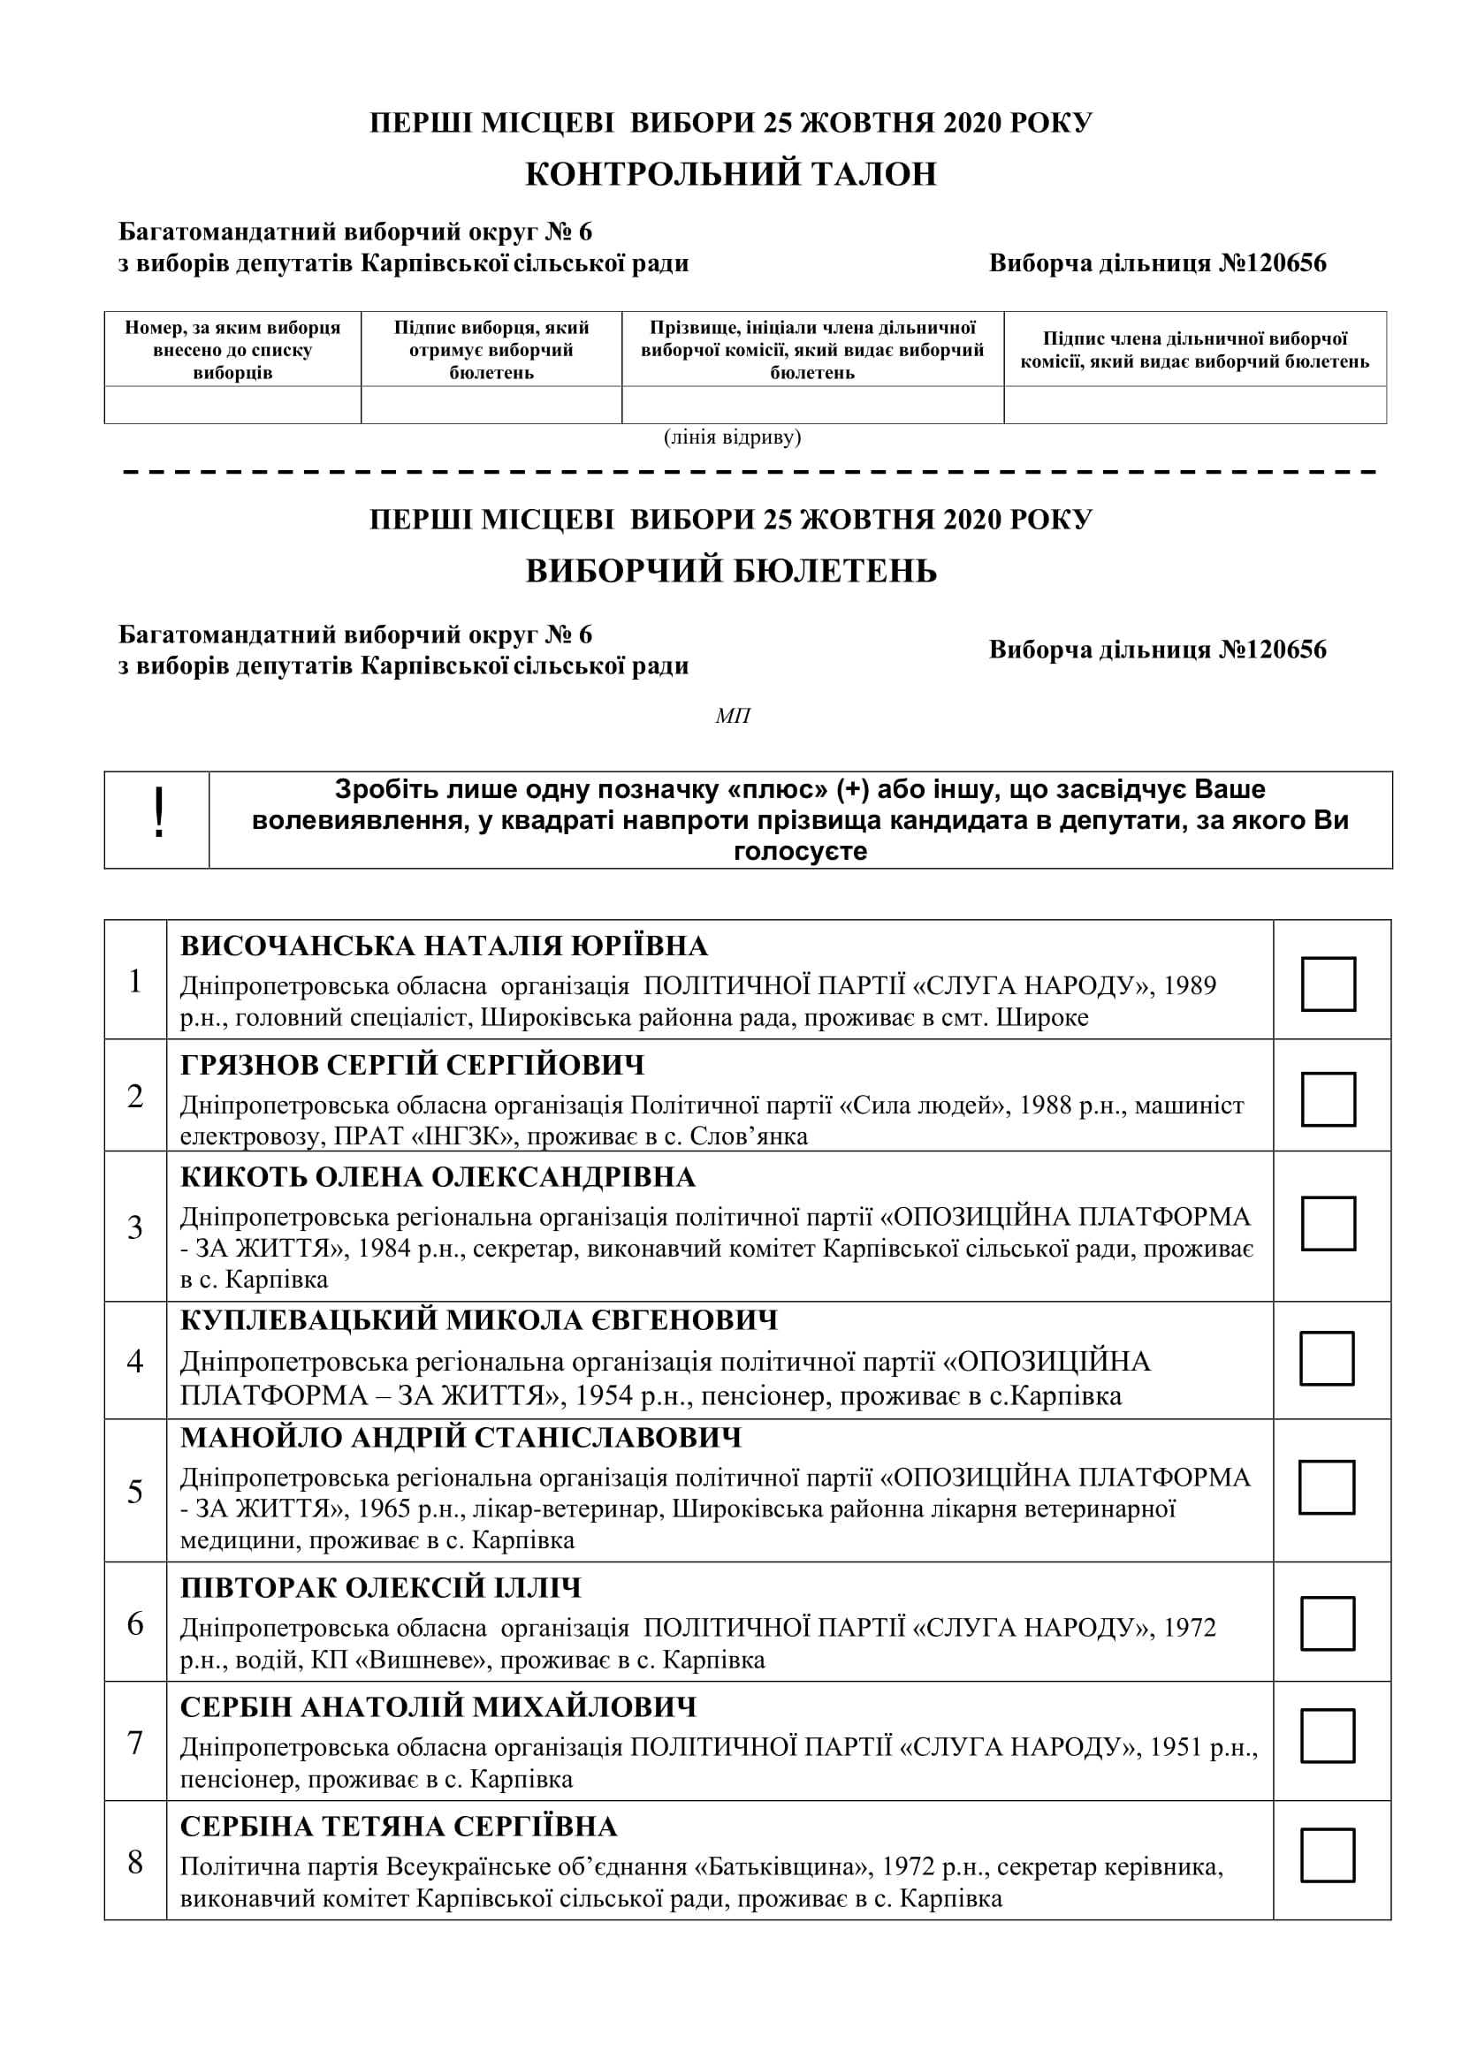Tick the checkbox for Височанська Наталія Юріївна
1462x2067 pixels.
click(1328, 984)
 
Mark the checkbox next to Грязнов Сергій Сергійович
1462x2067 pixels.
click(1328, 1098)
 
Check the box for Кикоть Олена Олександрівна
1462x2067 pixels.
click(1328, 1223)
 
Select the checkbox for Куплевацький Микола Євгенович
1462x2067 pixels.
click(1327, 1358)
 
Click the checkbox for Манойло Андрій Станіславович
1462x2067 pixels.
click(1327, 1487)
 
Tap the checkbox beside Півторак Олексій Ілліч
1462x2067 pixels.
click(1328, 1623)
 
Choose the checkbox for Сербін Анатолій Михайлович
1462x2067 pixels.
click(1328, 1736)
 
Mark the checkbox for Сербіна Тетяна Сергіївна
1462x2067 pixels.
click(1328, 1856)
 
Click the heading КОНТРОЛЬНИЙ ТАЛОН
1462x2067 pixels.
click(731, 174)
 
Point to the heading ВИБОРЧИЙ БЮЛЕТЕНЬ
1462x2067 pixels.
click(731, 572)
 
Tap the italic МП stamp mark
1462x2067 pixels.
click(732, 716)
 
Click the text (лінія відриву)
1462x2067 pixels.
click(732, 437)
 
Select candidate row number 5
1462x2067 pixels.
click(135, 1492)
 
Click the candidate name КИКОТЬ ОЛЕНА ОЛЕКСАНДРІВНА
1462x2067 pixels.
click(438, 1176)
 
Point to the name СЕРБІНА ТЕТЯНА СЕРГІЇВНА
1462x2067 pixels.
click(399, 1827)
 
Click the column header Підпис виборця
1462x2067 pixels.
click(491, 349)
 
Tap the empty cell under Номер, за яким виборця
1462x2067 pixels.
click(232, 405)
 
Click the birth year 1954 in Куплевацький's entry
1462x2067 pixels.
click(605, 1396)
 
